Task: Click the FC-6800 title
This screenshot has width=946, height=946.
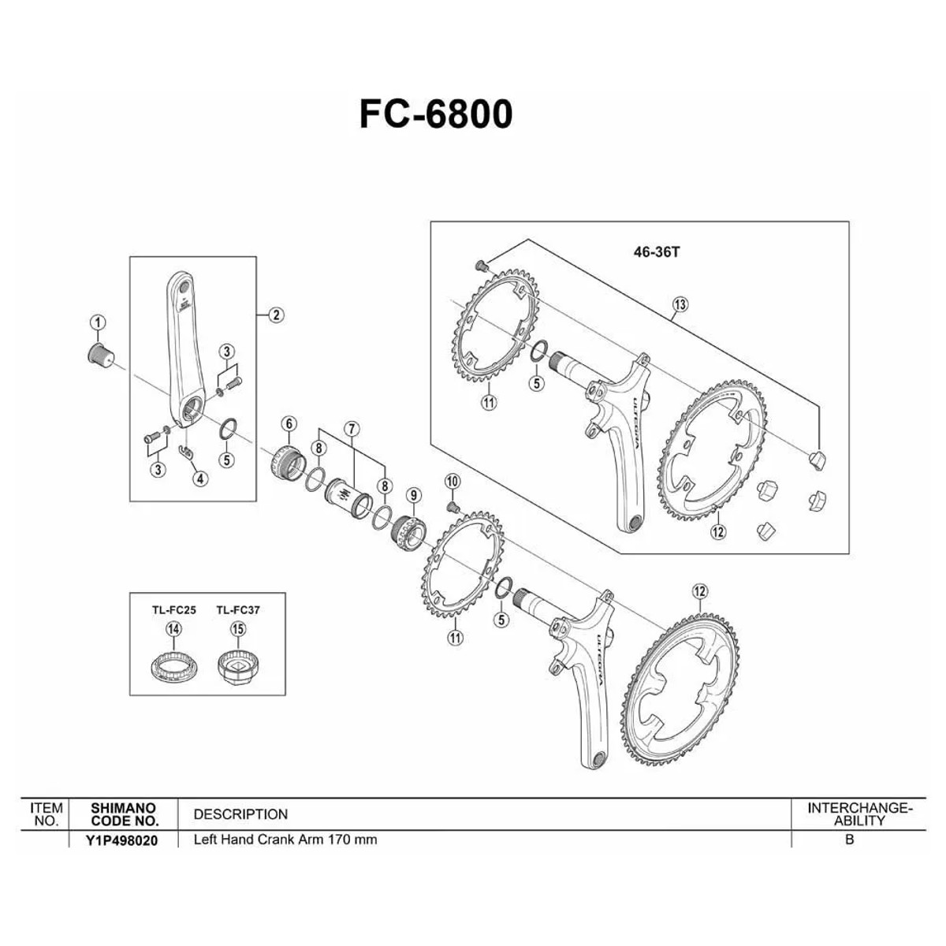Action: [x=436, y=114]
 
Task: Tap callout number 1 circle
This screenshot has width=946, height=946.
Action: [x=99, y=322]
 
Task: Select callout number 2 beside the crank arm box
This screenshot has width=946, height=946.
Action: [x=277, y=315]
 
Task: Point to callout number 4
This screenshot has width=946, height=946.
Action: [x=200, y=479]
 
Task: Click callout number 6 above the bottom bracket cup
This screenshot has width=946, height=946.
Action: [x=289, y=423]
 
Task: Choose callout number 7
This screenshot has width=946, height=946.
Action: [x=352, y=429]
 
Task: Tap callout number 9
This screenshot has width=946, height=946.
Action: [x=413, y=495]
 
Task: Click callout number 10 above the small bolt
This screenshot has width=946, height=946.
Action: [x=453, y=482]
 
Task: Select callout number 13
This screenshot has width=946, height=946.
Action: [x=680, y=304]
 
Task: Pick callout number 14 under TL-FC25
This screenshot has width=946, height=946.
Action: [x=173, y=629]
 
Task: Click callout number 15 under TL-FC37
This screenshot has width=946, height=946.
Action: [x=238, y=629]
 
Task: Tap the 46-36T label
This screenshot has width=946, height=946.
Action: [x=657, y=253]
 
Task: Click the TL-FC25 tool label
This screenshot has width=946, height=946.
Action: [x=173, y=609]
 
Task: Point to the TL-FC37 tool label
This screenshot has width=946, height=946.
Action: [x=238, y=609]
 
